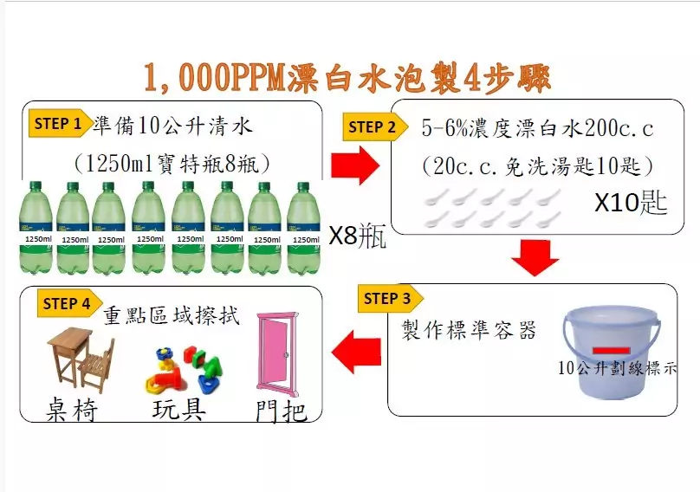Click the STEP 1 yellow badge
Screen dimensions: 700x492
[60, 123]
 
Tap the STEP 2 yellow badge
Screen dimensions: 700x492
[374, 126]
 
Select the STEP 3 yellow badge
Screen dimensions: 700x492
[390, 298]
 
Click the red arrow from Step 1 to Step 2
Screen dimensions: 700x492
[355, 165]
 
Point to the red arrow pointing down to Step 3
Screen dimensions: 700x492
[535, 258]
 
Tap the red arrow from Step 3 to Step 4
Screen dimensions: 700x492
[356, 352]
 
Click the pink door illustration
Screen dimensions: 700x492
[276, 355]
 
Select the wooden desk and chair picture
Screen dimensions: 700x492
[81, 359]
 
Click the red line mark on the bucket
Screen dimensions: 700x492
[611, 351]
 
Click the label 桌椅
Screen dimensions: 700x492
[71, 410]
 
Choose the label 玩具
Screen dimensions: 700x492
[179, 409]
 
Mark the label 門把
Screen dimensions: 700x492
[282, 411]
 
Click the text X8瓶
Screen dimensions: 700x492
[357, 236]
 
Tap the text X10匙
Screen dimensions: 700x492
[631, 202]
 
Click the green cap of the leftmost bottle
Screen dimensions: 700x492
[35, 185]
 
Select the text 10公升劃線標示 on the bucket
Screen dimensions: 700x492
[618, 368]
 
